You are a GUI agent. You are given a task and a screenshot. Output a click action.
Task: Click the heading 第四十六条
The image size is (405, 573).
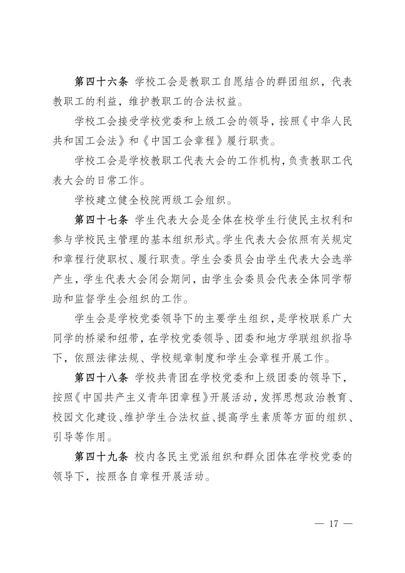102,82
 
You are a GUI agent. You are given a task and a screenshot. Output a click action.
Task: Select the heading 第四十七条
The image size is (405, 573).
102,220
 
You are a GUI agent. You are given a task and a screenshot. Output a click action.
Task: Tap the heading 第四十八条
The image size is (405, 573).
102,378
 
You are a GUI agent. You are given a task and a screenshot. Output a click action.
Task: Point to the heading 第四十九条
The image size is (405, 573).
102,457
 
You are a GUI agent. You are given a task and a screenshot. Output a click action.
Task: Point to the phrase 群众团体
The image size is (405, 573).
238,457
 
